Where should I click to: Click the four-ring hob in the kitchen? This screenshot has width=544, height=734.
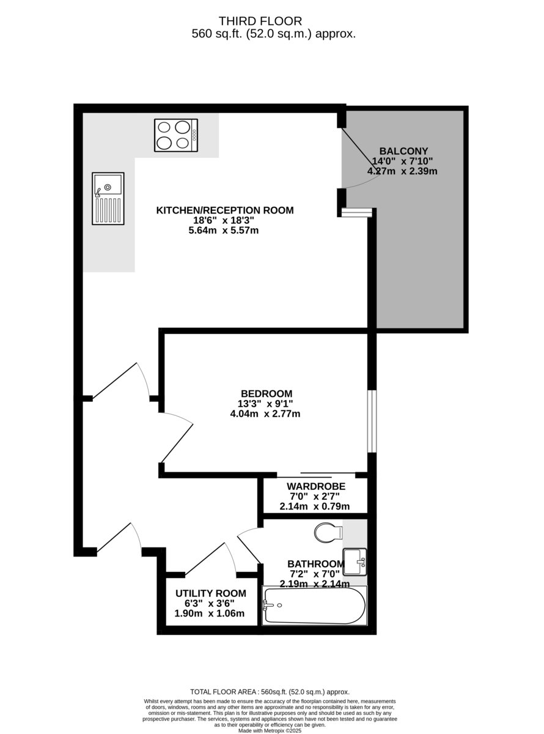176,135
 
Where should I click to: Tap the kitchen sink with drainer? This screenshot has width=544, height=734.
108,199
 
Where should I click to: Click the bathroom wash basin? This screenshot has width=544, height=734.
355,562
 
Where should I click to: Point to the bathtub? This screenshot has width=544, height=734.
314,606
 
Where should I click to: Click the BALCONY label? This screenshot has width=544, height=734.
403,151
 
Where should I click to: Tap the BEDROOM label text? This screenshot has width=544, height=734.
266,394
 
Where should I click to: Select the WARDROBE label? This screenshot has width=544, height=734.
316,486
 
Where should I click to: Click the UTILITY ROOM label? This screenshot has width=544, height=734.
211,593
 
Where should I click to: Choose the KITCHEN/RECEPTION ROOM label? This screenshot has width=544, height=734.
225,210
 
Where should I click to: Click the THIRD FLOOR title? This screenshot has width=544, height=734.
260,21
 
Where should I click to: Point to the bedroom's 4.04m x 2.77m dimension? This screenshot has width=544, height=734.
265,413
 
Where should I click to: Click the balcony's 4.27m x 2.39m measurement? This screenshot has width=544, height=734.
402,171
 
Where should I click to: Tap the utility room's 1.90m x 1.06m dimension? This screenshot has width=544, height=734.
209,614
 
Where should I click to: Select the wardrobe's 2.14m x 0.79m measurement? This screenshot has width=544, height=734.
315,506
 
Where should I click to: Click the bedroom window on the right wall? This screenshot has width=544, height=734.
372,421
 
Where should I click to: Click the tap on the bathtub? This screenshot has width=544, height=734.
268,606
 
